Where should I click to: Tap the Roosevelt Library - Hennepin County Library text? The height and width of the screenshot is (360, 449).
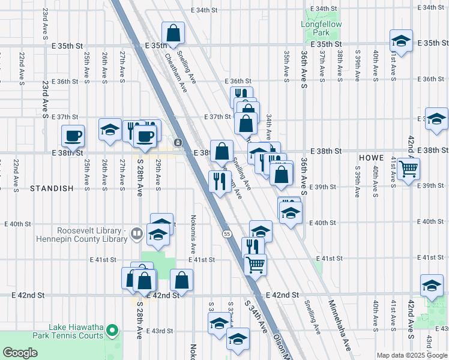click(x=92, y=235)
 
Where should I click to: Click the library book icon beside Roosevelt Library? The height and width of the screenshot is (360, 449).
click(x=137, y=234)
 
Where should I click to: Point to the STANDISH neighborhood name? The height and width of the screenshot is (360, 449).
click(x=52, y=188)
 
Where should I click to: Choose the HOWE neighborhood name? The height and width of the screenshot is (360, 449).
click(x=371, y=158)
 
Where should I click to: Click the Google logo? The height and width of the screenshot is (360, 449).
click(x=20, y=353)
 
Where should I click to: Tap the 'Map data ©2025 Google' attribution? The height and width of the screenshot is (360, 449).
click(x=412, y=355)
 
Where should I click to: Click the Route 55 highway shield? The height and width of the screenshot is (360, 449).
click(x=226, y=233)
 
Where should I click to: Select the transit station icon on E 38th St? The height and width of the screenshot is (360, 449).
click(x=178, y=142)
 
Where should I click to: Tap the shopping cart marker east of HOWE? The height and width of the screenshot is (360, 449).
click(x=408, y=169)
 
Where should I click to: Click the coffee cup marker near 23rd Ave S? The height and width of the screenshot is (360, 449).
click(x=73, y=135)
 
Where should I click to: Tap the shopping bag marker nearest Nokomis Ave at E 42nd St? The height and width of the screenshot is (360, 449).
click(x=182, y=280)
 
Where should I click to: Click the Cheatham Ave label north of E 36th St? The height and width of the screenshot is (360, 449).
click(x=176, y=71)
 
